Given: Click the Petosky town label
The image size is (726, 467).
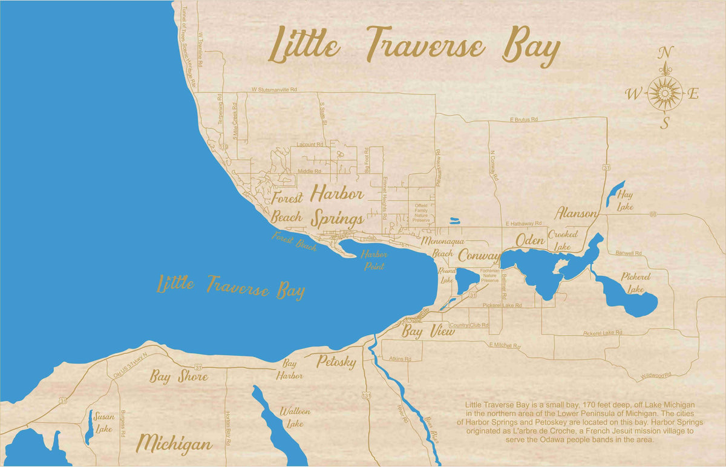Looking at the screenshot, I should pos(336,362).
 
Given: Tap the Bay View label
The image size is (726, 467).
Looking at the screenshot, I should pos(428,331).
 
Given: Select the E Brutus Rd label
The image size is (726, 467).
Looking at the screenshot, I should pos(524,120).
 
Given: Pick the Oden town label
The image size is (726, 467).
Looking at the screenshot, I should pos(531,240).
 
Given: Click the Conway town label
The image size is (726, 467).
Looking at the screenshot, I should pos(479,255).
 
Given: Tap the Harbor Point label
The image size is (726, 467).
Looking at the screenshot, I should pos(374,260).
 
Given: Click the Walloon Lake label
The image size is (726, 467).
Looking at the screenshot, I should pos(295,417).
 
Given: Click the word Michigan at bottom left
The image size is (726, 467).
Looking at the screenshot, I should pos(174,443).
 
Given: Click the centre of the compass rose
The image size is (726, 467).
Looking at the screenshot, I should pos(665,93).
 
